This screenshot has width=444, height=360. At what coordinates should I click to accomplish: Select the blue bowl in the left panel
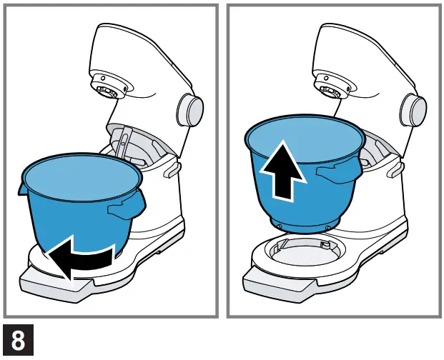(x=79, y=207)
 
